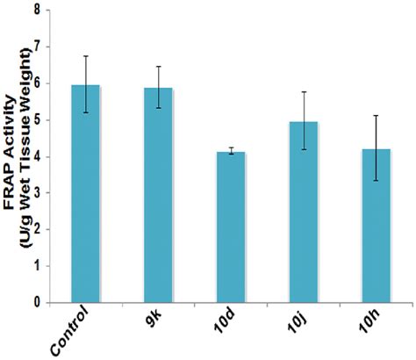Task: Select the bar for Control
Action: tap(86, 193)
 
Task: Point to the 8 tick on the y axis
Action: tap(36, 11)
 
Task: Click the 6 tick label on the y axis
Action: tap(36, 84)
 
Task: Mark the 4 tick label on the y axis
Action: tap(36, 157)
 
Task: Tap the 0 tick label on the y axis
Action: tap(36, 303)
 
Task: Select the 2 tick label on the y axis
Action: tap(36, 230)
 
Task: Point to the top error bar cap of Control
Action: tap(86, 56)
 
